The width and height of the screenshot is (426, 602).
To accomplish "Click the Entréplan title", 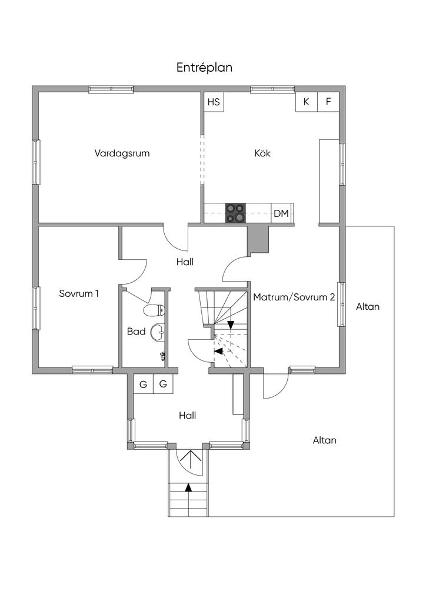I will [x=204, y=68].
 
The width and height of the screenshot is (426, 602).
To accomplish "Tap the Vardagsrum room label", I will [x=122, y=153].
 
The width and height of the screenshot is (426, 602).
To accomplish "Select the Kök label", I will [x=262, y=153].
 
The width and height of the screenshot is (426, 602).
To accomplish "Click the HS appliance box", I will [x=214, y=102].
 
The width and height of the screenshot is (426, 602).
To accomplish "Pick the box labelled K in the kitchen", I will [x=307, y=102].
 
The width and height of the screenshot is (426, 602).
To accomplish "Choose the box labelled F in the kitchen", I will [x=328, y=102].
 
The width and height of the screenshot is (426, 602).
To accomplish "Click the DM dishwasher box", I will [x=281, y=213].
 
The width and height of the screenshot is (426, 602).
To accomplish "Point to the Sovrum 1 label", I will [x=79, y=293].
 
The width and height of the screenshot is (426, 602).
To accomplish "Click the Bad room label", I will [x=137, y=332].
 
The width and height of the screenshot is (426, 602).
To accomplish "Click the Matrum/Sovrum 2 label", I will [x=294, y=297].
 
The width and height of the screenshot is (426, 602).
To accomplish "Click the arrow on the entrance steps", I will [x=188, y=487].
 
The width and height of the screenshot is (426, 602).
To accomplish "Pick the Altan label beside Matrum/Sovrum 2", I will [x=368, y=307].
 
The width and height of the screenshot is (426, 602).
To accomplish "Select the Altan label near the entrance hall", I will [x=324, y=440].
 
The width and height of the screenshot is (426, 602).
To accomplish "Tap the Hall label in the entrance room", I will [x=187, y=416].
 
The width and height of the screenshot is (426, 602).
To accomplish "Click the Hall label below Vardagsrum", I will [x=185, y=262].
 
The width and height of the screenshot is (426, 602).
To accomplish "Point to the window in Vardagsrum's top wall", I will [x=111, y=89].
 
